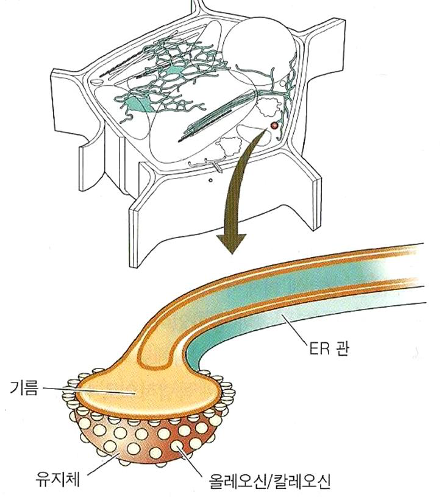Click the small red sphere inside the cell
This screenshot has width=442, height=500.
pyautogui.click(x=274, y=125)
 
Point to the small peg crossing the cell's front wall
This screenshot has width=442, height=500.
pyautogui.click(x=216, y=164)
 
